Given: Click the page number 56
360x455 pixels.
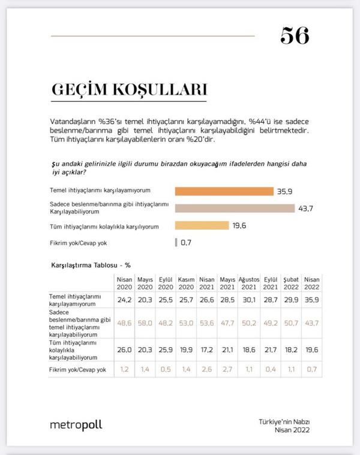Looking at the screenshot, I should (x=294, y=36).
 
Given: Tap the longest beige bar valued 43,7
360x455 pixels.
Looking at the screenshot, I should (x=235, y=208).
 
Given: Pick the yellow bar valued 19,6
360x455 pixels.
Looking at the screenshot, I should (x=202, y=225).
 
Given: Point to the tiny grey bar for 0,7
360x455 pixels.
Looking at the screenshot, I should (x=176, y=243).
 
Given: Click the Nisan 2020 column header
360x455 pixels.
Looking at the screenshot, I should (x=124, y=282).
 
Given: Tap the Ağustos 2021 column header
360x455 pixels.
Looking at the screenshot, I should (x=248, y=282).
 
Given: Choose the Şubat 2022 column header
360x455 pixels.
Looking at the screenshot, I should (x=289, y=282).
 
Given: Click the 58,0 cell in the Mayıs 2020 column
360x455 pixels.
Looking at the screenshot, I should (x=145, y=322).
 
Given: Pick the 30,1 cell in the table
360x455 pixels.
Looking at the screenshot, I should (x=248, y=299).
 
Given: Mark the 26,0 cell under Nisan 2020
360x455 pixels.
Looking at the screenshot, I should (x=124, y=348).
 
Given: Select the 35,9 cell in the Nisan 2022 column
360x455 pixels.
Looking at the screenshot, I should (x=310, y=299).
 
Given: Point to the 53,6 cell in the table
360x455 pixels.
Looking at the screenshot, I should (x=207, y=322).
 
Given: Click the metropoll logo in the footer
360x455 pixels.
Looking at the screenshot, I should (x=76, y=425).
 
